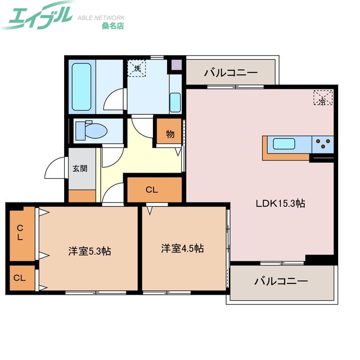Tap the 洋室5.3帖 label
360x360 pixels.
(89, 251)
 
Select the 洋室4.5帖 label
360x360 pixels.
(182, 248)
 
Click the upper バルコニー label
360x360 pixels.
(231, 73)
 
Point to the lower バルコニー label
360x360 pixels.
(281, 281)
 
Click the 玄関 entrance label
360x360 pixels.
(80, 168)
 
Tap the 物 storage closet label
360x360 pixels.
(170, 134)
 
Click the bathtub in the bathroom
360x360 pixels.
(82, 87)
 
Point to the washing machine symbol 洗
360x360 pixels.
(137, 69)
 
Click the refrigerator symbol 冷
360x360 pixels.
(323, 99)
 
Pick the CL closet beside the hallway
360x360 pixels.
(151, 190)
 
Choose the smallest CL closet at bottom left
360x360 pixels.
(20, 278)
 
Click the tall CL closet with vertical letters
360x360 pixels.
(20, 232)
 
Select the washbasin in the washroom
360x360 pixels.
(175, 102)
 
